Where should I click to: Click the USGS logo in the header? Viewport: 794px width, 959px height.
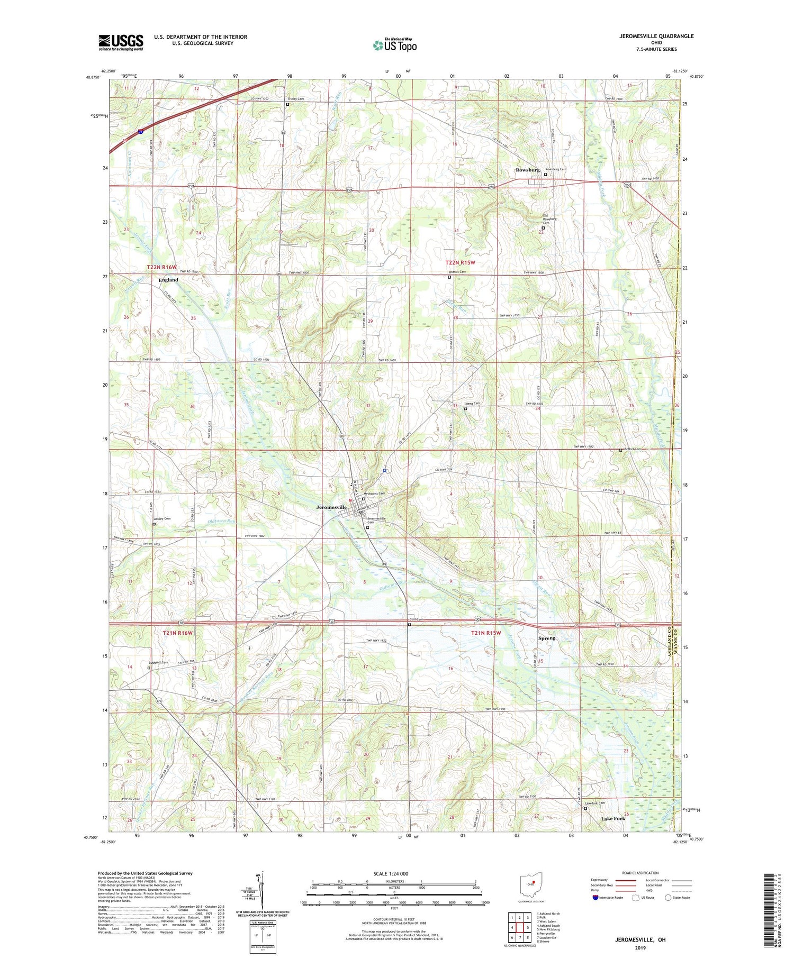[121, 42]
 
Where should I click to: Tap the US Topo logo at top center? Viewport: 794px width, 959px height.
[394, 45]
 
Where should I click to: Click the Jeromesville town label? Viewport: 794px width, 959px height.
[331, 507]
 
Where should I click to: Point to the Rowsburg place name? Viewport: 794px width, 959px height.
[527, 170]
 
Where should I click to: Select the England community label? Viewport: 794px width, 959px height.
[168, 280]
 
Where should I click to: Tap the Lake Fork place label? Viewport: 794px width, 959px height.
[613, 818]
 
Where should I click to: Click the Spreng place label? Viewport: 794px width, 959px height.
[547, 638]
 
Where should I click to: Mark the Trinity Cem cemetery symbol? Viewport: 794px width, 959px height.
[287, 104]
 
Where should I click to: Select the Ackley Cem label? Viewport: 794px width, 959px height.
[163, 519]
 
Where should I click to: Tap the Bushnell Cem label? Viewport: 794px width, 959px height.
[158, 662]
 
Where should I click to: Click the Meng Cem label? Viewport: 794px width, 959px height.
[473, 403]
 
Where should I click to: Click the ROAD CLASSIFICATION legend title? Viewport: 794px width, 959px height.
[640, 873]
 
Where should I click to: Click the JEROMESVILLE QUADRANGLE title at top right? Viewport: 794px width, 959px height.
[656, 36]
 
